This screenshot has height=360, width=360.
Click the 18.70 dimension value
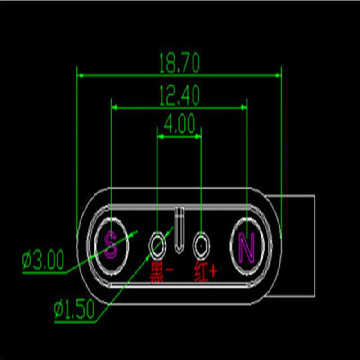179,63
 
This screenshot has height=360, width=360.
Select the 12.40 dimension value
179,95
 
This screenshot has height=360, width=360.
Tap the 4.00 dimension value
180,124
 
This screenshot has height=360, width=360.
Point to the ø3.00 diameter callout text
43,261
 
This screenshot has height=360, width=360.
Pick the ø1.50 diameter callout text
74,309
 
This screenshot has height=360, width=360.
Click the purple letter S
111,244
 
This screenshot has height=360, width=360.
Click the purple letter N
247,247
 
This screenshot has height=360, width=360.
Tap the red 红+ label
206,272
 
